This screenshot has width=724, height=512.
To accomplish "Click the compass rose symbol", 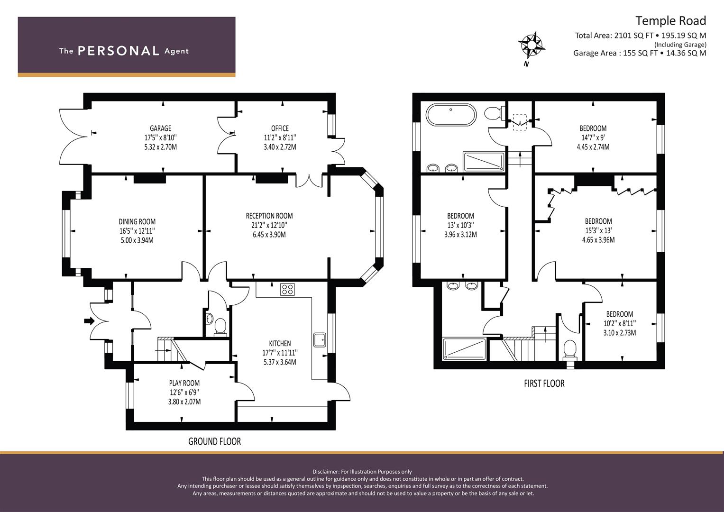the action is (532, 45).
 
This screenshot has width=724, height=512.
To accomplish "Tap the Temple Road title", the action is (671, 21).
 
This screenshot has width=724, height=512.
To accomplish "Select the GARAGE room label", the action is (160, 128).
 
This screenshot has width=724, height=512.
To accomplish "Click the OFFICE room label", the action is (280, 128).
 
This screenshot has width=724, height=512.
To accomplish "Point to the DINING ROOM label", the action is (137, 222).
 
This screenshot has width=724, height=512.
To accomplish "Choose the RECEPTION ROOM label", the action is (269, 216).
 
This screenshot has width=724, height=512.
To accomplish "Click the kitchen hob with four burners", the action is (287, 289).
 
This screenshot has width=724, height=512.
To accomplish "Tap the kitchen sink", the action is (320, 340).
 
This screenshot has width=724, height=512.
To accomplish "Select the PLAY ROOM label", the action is (184, 384).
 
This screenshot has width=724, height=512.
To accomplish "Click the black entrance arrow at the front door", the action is (89, 321).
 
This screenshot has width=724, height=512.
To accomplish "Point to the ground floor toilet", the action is (220, 327).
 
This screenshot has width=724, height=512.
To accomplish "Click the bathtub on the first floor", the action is (451, 114).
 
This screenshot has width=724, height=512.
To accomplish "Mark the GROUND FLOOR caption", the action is (215, 441).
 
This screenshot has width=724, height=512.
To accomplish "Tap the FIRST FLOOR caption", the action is (544, 384).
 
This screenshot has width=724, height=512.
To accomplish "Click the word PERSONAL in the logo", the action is (119, 51).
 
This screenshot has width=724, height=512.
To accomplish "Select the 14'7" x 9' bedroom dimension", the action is (593, 137).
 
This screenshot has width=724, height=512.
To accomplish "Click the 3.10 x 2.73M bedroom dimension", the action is (620, 333).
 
